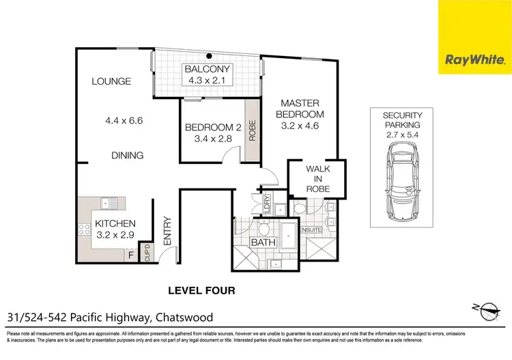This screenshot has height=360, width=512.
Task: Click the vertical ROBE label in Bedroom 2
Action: click(252, 130)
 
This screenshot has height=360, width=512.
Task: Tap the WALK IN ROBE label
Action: click(317, 178)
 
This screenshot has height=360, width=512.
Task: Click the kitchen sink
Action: click(107, 202)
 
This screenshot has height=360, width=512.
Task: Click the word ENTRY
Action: click(168, 230)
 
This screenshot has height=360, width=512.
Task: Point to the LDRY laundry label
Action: click(266, 203)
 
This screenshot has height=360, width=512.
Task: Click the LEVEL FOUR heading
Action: click(201, 290)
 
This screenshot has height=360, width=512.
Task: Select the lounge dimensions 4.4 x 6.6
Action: click(127, 121)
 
